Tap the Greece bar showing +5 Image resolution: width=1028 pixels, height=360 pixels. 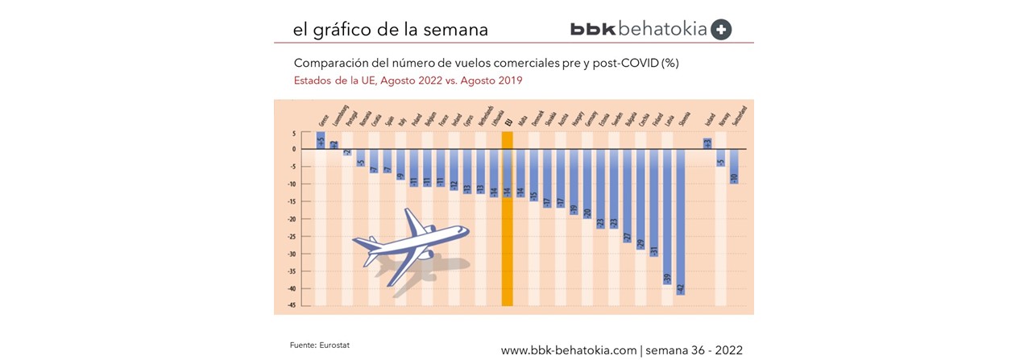point(320,141)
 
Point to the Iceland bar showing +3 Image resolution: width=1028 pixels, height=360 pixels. point(707,143)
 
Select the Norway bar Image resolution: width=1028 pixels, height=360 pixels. point(720,158)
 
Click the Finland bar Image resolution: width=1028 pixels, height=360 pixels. point(653,202)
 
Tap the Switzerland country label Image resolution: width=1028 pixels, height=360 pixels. point(741,117)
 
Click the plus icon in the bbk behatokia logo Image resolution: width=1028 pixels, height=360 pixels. point(722,30)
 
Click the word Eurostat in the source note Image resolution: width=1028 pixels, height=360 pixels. point(335,345)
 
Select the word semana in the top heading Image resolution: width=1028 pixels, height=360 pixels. point(457,30)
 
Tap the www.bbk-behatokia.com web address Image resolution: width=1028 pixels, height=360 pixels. point(569,350)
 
